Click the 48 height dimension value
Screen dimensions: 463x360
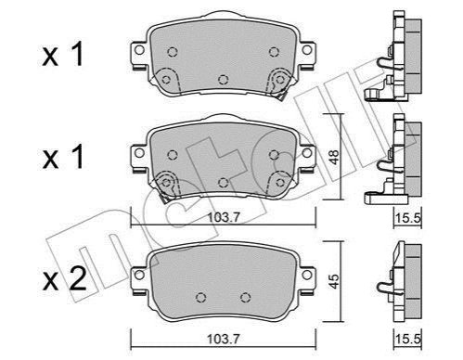[x=334, y=157]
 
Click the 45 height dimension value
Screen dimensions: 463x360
[x=334, y=281]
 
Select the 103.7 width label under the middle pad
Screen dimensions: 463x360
[x=224, y=217]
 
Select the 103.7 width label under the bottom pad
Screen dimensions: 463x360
[x=224, y=340]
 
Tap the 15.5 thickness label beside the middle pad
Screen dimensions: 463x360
[x=408, y=218]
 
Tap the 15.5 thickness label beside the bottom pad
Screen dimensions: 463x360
[x=408, y=340]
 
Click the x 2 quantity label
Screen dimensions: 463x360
[x=64, y=278]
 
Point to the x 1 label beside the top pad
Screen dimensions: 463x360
[x=63, y=55]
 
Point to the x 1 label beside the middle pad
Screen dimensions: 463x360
[x=63, y=157]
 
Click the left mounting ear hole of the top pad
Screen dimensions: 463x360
[x=139, y=50]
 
